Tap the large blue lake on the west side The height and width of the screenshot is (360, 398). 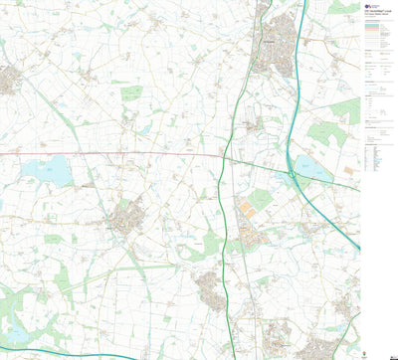click(x=46, y=171)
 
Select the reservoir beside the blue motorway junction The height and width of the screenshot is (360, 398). click(x=312, y=168)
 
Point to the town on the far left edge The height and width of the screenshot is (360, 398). click(x=9, y=80)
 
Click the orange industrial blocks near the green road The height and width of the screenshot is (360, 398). click(x=247, y=210)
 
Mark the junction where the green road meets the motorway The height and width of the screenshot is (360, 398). click(x=292, y=177)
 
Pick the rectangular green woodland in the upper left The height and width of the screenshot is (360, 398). click(x=131, y=94)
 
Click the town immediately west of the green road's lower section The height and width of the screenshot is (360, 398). click(x=212, y=288)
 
